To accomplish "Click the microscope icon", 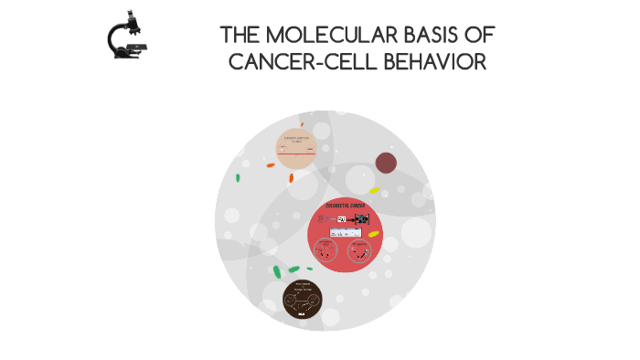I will coord(127,37).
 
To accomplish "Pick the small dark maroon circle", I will coord(386,163).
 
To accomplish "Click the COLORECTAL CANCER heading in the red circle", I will coord(345,206).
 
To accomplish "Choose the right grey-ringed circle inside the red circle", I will coord(364,249).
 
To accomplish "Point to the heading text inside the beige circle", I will coord(301,139).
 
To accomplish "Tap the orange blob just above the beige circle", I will coord(301,124).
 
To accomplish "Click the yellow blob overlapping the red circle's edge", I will coord(373,235).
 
